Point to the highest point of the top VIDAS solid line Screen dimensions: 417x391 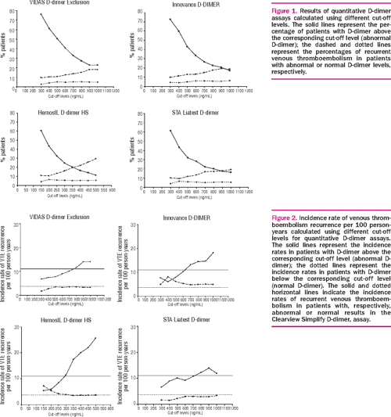41,15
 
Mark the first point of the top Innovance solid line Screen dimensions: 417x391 170,20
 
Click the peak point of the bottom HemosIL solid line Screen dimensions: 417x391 95,316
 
